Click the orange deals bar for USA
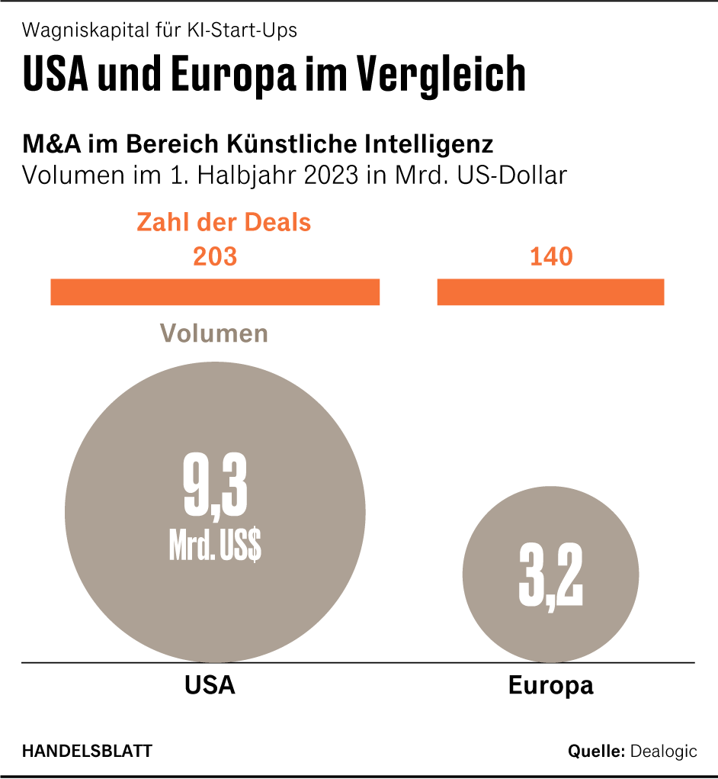[215, 292]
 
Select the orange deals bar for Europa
[550, 292]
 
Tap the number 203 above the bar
[215, 256]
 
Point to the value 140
[551, 256]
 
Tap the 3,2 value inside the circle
[550, 577]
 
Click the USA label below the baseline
[210, 684]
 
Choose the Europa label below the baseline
[550, 684]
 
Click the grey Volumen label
[213, 333]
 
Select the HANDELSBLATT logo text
[87, 751]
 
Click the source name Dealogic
[663, 751]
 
